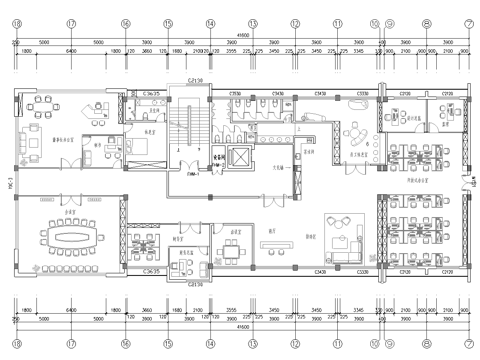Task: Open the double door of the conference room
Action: pyautogui.click(x=67, y=196)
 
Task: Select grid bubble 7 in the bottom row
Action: pyautogui.click(x=468, y=343)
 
